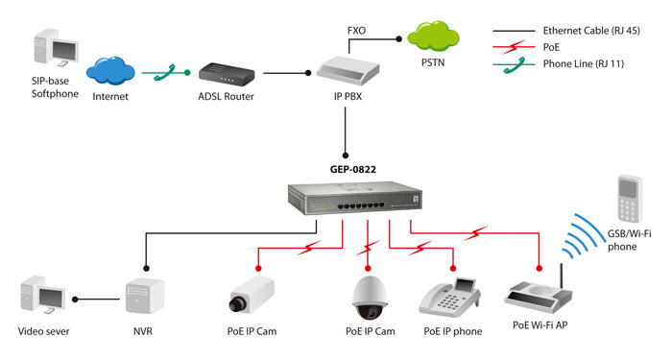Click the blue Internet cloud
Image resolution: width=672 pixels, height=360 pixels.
[110, 71]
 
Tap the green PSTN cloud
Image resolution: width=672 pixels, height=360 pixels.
[433, 37]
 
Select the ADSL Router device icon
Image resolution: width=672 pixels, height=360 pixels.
[227, 75]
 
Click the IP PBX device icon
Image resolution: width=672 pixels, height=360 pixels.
[348, 72]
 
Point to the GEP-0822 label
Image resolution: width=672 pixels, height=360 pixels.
[352, 169]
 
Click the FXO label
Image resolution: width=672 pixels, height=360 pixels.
[356, 31]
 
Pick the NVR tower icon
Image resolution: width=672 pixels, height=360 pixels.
[145, 296]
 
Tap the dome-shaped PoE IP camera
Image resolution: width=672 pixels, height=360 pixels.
[370, 298]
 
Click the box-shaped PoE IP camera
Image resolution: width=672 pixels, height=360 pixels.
[252, 295]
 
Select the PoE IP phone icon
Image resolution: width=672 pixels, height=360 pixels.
[449, 298]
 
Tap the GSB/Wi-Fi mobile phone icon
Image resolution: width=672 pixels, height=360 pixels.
[629, 199]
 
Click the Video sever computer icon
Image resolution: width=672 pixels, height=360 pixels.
[43, 295]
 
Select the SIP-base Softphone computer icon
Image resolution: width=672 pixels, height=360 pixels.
[56, 48]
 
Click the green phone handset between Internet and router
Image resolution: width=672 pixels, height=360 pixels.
[164, 73]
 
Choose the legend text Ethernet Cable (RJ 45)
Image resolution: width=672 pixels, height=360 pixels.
[591, 31]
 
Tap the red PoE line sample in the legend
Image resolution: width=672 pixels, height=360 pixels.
[514, 47]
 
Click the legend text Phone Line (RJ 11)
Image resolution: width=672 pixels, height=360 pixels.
[584, 64]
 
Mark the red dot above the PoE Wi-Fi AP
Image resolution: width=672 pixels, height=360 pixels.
[540, 269]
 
